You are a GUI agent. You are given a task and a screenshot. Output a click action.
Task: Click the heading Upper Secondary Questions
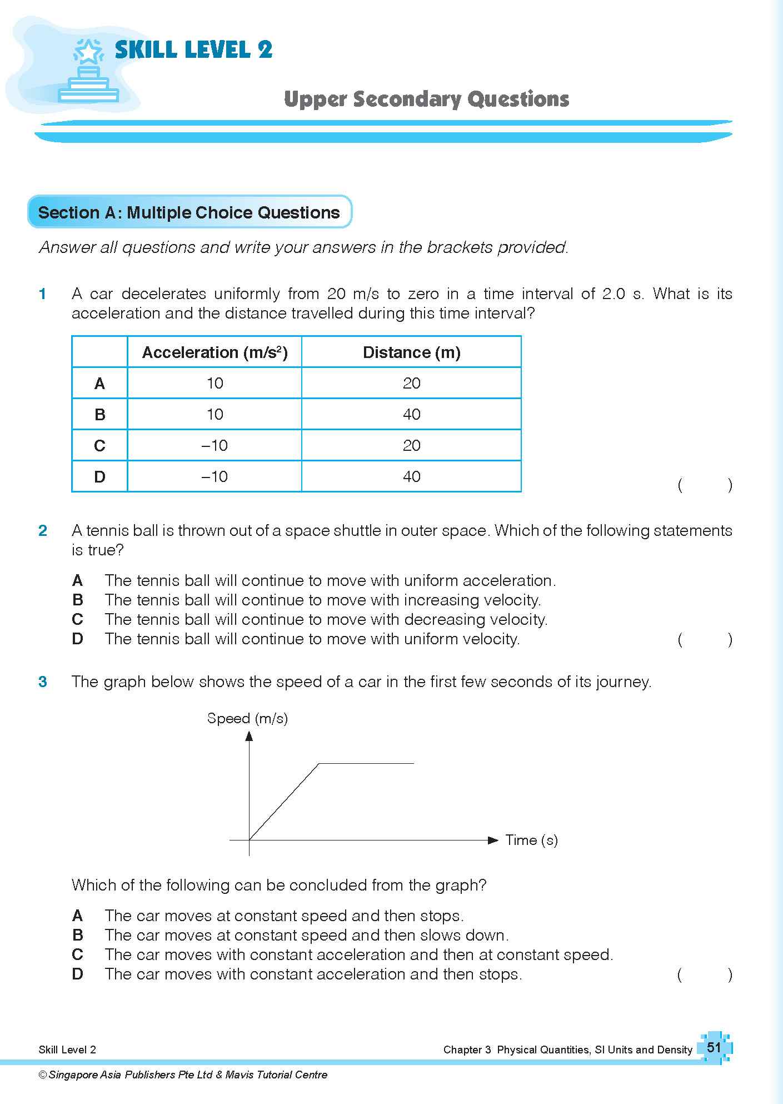point(426,100)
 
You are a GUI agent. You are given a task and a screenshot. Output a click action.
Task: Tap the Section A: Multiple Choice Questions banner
point(189,212)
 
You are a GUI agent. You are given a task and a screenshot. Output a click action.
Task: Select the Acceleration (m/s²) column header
point(215,352)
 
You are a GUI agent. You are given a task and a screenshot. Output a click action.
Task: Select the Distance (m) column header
point(411,352)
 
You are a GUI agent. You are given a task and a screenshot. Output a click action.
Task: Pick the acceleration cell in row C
point(215,445)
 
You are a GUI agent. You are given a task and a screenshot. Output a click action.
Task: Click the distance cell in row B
point(411,414)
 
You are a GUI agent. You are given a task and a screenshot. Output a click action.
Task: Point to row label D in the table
point(99,476)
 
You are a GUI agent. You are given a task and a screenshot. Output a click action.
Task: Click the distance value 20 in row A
point(411,383)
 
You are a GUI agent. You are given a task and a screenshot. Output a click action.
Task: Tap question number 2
point(43,531)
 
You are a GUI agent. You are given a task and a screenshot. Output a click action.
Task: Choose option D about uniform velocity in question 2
point(312,639)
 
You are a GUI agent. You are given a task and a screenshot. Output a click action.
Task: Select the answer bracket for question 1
point(705,485)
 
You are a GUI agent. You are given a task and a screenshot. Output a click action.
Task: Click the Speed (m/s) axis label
point(247,718)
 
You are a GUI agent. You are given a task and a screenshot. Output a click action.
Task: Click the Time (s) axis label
point(531,840)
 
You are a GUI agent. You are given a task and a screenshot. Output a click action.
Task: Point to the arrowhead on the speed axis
point(249,736)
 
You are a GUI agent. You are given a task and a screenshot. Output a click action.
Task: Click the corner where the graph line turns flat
point(318,764)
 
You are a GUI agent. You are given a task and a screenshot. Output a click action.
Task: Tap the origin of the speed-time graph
point(249,840)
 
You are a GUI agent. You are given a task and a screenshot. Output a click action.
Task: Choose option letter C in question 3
point(78,954)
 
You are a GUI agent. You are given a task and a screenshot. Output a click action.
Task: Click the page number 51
point(714,1048)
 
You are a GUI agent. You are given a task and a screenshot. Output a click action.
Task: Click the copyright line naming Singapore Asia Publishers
point(183,1075)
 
